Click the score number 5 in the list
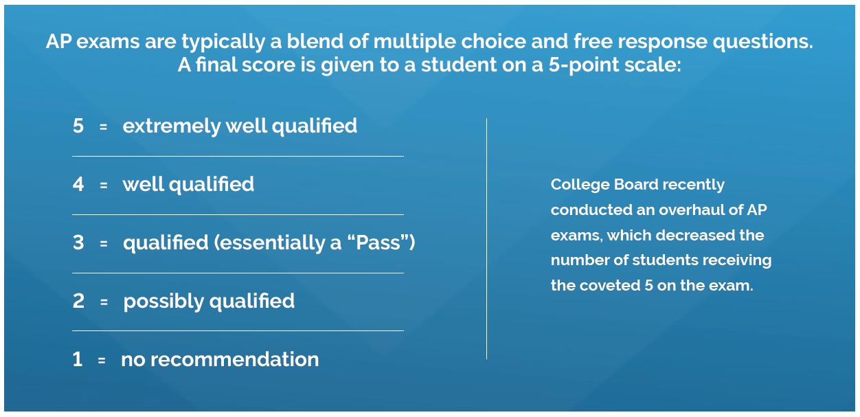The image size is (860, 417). point(78,126)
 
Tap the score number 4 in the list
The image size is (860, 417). point(78,184)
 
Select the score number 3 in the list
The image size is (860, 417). point(78,243)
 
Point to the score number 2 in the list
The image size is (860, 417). point(78,301)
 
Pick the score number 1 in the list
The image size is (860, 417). point(78,359)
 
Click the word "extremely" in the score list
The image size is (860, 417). point(172,126)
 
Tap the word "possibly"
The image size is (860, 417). point(163,302)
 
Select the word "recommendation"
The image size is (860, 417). point(235,359)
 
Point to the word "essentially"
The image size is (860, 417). point(269,243)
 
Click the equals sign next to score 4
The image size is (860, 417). point(103,185)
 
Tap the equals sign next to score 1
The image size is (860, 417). point(102,360)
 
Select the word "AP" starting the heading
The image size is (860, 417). point(59,41)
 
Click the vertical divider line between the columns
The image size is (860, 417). point(486,238)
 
